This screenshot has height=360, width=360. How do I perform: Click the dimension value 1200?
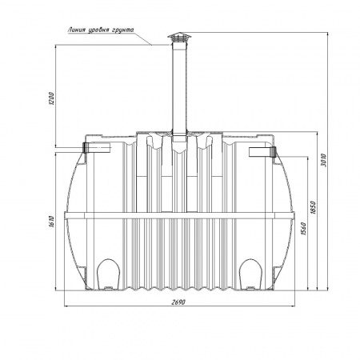click(x=52, y=98)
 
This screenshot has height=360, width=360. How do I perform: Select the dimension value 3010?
click(x=324, y=160)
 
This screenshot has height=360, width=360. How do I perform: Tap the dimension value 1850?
click(x=313, y=207)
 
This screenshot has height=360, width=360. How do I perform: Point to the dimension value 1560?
click(x=303, y=229)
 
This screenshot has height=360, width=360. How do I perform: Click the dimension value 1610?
click(x=52, y=222)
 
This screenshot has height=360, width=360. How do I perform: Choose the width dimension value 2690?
click(x=178, y=302)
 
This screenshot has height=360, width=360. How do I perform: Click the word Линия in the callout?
click(x=77, y=30)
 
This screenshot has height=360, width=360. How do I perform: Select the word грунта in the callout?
click(x=122, y=30)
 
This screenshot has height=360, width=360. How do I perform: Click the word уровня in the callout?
click(x=98, y=30)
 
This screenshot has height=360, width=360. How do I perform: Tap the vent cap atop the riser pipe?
click(x=179, y=37)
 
